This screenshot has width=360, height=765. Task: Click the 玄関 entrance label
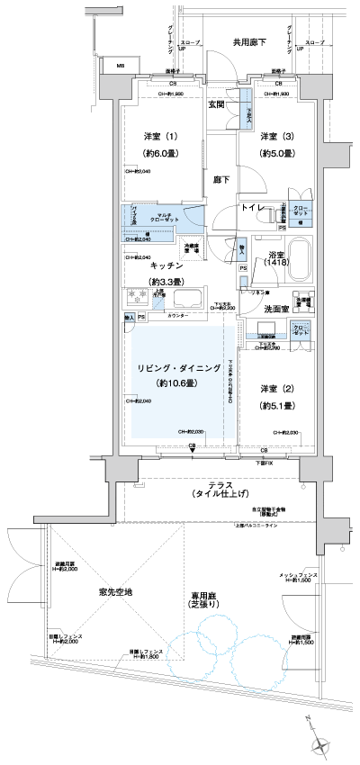[217, 105]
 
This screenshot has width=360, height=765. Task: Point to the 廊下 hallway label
[219, 179]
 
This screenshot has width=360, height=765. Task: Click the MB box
[120, 66]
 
